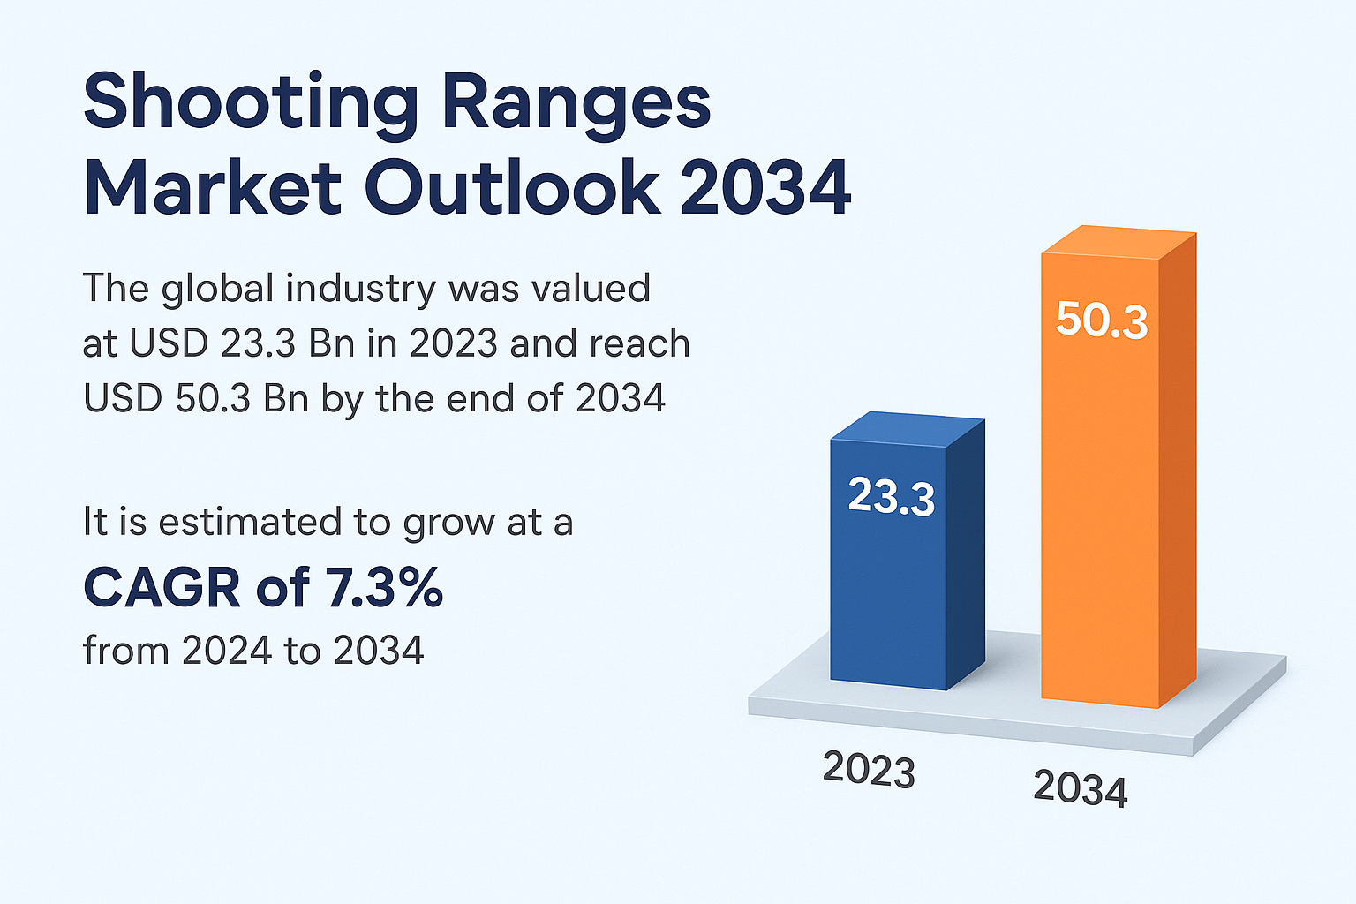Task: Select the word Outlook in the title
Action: pyautogui.click(x=512, y=188)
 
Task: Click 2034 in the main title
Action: pyautogui.click(x=765, y=188)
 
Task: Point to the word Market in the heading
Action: pyautogui.click(x=213, y=188)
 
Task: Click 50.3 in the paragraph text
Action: pyautogui.click(x=211, y=398)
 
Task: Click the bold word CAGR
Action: pyautogui.click(x=162, y=588)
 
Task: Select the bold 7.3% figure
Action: pyautogui.click(x=384, y=588)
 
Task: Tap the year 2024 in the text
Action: pyautogui.click(x=226, y=651)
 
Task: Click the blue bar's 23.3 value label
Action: pyautogui.click(x=891, y=496)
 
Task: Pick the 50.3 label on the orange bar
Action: pyautogui.click(x=1101, y=320)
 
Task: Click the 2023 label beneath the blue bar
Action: pyautogui.click(x=869, y=769)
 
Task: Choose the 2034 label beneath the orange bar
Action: pyautogui.click(x=1080, y=788)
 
